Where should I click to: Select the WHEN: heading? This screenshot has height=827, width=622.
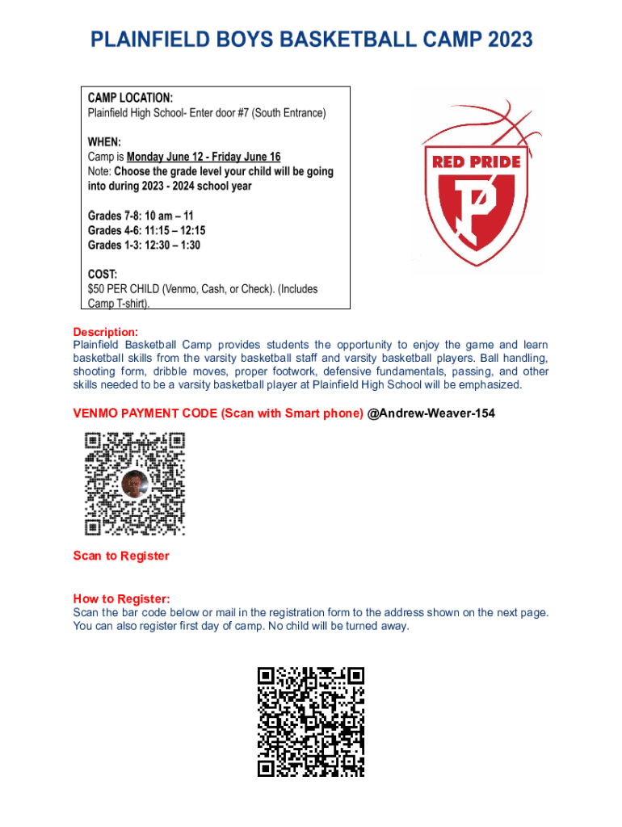[x=104, y=141]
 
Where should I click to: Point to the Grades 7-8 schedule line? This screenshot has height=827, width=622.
[x=141, y=216]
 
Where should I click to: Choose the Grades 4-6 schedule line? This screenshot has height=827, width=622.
[x=146, y=230]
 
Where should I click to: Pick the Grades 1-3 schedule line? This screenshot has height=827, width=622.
[x=144, y=245]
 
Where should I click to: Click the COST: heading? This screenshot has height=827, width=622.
[x=103, y=274]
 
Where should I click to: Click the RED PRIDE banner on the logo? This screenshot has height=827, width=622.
[x=477, y=162]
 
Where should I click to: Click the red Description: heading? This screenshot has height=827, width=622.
[x=106, y=332]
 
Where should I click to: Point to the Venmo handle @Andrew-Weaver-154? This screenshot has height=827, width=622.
[x=431, y=413]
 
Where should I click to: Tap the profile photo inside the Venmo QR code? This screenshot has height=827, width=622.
[x=135, y=483]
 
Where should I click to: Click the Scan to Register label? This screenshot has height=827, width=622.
[x=121, y=556]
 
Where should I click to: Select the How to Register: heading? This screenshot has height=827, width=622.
[x=122, y=598]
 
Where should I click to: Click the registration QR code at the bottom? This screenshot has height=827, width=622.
[x=311, y=722]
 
